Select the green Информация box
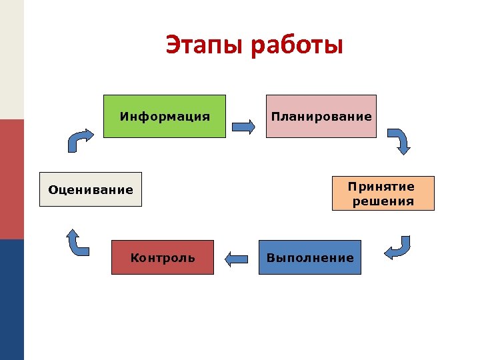165,117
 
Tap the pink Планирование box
321,117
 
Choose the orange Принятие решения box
383,193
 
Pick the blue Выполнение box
310,257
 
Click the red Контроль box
163,257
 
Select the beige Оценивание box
91,190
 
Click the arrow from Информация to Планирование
243,126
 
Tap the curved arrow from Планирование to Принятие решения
401,141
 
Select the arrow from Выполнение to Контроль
236,258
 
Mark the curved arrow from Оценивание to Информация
80,140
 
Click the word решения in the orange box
383,201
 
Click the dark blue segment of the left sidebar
11,299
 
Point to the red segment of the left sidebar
11,179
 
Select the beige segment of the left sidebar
11,59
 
